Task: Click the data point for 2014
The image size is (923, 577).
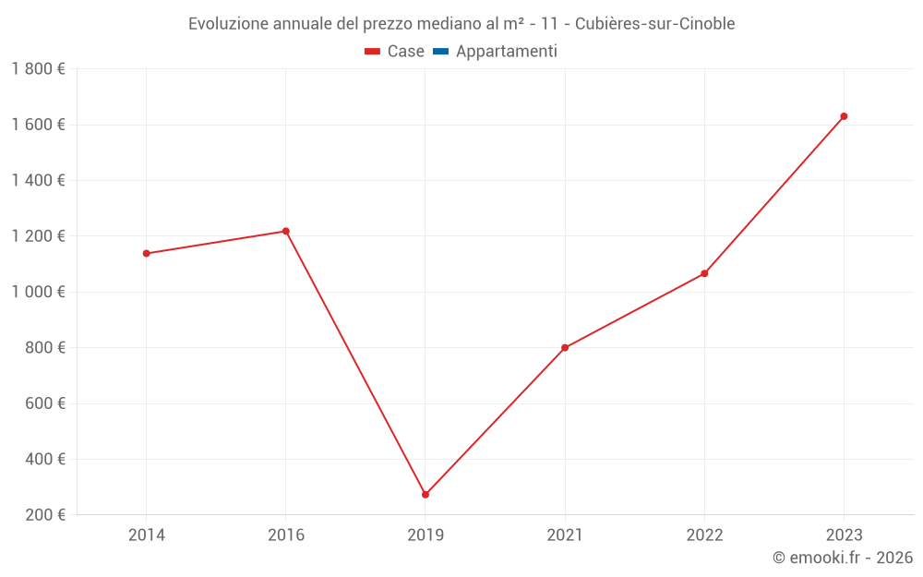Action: tap(147, 253)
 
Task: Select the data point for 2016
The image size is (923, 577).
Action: tap(286, 231)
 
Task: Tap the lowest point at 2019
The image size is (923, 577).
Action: tap(426, 495)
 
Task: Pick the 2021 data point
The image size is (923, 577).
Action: tap(565, 348)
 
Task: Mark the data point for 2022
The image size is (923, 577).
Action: tap(704, 273)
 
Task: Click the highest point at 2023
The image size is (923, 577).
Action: tap(844, 116)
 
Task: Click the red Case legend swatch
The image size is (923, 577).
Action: tap(373, 52)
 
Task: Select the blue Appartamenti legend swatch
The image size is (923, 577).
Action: tap(440, 52)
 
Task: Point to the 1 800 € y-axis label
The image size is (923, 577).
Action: tap(39, 69)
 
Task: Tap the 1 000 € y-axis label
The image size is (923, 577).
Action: tap(39, 292)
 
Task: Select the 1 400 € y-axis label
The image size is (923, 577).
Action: tap(39, 180)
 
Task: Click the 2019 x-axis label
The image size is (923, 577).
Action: tap(426, 535)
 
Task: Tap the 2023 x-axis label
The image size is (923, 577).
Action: tap(844, 535)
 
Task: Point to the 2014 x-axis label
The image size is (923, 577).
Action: tap(147, 535)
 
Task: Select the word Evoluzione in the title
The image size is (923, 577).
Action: tap(229, 23)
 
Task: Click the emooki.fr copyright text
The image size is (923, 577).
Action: tap(843, 558)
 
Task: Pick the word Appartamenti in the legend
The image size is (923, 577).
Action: tap(507, 52)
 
